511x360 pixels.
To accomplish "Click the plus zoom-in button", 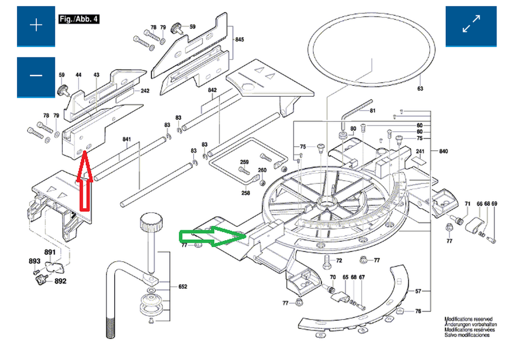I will tap(36, 26).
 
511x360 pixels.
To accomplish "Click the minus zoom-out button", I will tap(36, 76).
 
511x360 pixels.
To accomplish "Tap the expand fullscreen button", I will tap(471, 25).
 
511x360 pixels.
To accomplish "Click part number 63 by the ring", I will tap(420, 89).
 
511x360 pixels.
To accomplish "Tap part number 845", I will tap(240, 39).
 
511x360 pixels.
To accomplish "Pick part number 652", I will tap(183, 287).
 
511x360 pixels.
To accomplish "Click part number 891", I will tap(50, 253).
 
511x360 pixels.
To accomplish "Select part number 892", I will tap(60, 281).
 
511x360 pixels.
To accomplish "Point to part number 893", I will tap(34, 261).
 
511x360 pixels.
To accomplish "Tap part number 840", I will tap(443, 150).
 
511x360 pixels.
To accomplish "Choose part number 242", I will tap(145, 91).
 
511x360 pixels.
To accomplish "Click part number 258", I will tap(245, 193).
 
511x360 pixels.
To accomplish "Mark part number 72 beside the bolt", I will tap(339, 261).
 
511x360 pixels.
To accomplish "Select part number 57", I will tap(418, 290).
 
